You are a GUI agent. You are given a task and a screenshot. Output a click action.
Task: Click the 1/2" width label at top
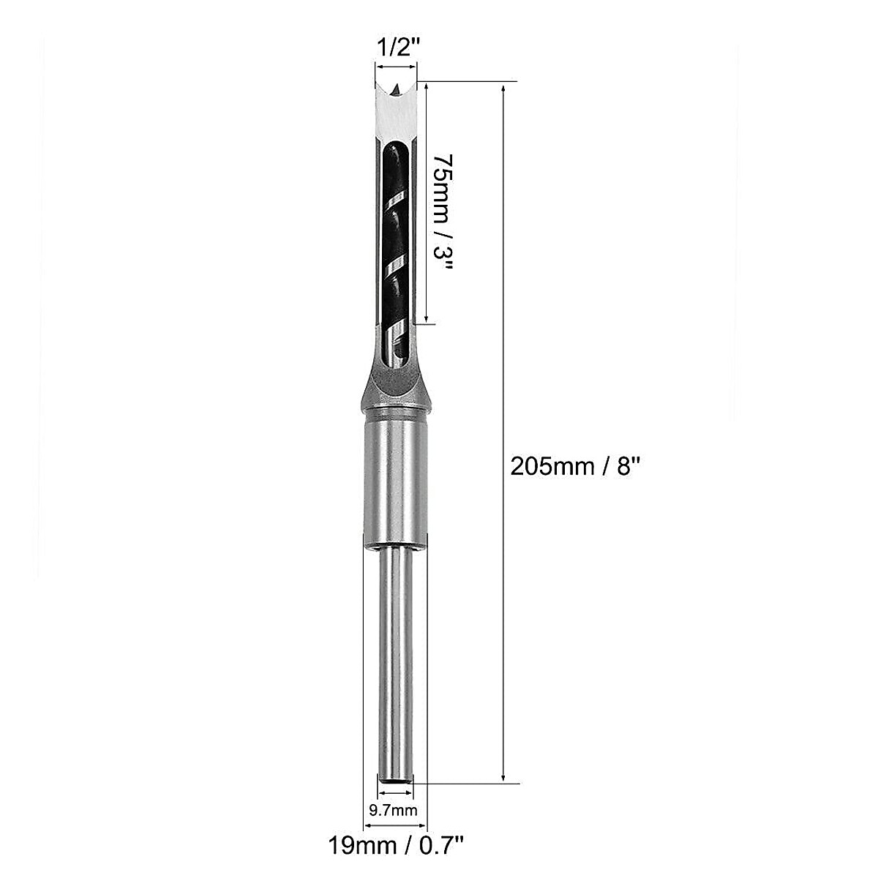(x=397, y=49)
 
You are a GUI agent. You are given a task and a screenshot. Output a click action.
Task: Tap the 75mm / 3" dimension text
(x=442, y=213)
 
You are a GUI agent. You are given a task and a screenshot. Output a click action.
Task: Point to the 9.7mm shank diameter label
(x=394, y=810)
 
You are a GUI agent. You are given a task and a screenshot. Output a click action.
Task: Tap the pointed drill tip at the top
(x=395, y=90)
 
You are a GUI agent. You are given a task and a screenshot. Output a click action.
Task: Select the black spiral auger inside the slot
(x=394, y=241)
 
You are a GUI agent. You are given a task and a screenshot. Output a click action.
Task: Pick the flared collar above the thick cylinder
(x=395, y=395)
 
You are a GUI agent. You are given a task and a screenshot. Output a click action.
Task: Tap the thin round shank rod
(x=395, y=658)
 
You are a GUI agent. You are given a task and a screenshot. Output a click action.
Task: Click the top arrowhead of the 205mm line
(x=503, y=89)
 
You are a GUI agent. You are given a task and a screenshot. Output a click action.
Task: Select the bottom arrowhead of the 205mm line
(x=503, y=777)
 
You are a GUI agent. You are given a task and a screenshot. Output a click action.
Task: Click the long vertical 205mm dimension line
(x=503, y=293)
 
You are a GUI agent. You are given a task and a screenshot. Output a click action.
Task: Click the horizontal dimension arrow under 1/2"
(x=395, y=67)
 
